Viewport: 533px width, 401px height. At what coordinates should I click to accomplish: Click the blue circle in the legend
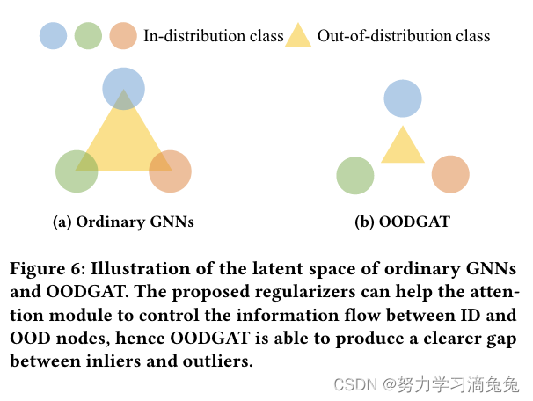tap(53, 36)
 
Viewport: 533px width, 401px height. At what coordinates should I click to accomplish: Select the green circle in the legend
tap(88, 36)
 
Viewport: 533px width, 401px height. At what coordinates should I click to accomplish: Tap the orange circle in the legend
tap(123, 36)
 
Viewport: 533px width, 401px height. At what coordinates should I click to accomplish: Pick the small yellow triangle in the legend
tap(298, 37)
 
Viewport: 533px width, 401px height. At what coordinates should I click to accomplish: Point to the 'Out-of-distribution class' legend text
tap(404, 36)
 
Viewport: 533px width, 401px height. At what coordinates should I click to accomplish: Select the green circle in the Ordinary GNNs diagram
tap(77, 171)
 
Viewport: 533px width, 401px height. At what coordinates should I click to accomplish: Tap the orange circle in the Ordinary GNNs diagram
tap(171, 171)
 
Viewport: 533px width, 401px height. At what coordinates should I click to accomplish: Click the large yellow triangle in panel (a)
tap(123, 141)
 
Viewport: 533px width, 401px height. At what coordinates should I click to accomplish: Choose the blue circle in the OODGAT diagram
tap(403, 98)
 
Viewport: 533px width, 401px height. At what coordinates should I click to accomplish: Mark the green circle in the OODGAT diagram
tap(356, 175)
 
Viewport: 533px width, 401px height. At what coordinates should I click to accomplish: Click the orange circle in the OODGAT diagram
tap(450, 175)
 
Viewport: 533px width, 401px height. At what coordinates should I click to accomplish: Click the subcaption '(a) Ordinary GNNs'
tap(123, 222)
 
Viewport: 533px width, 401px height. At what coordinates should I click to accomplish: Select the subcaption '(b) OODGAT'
tap(402, 222)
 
